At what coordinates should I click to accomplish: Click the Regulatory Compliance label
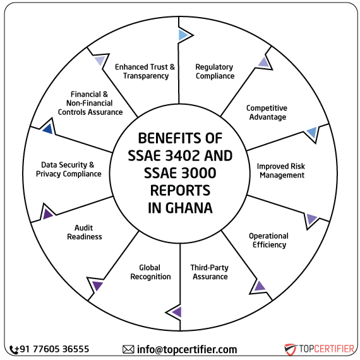tap(214, 71)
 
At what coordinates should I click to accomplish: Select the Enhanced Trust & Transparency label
tap(145, 71)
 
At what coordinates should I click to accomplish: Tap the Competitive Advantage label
tap(266, 112)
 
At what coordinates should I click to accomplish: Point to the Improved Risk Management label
tap(280, 171)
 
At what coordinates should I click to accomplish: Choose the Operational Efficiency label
tap(268, 240)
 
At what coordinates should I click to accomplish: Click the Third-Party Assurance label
tap(210, 272)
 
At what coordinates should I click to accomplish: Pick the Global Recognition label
tap(150, 272)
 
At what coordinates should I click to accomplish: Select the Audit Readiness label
tap(88, 232)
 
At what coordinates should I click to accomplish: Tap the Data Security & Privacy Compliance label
tap(68, 169)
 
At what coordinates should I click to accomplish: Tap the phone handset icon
tap(14, 349)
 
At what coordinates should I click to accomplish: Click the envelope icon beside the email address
tap(128, 349)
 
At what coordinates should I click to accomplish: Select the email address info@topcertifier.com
tap(187, 349)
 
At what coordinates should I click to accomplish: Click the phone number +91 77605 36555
tap(54, 349)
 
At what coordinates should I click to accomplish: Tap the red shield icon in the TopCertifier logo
tap(290, 349)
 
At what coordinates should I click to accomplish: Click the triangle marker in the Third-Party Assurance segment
tap(177, 311)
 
